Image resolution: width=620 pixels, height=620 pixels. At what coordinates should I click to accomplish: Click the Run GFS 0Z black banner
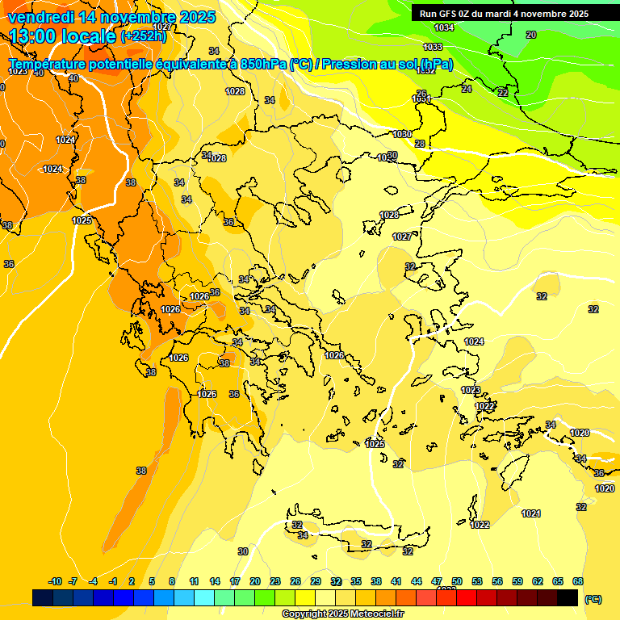pos(504,14)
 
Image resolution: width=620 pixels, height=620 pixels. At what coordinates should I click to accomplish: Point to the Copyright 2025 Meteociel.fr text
pos(342,614)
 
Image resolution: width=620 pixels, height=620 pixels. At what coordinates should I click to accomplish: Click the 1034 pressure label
pos(444,27)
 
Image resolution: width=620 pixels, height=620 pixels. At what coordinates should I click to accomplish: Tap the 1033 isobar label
pos(433,47)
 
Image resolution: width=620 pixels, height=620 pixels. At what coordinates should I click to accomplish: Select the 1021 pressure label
pos(530,513)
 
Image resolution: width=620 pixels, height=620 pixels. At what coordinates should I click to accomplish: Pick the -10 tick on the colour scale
pos(55,581)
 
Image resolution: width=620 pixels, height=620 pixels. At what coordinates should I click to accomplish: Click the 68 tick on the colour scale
pos(578,581)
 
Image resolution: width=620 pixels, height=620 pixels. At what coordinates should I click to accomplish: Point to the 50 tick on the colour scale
pos(457,581)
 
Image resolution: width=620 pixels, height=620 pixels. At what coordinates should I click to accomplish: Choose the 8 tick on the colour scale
pos(172,581)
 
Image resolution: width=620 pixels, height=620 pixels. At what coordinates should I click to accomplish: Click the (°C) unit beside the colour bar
pos(593,599)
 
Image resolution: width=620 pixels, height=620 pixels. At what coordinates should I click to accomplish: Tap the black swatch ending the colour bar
pos(568,597)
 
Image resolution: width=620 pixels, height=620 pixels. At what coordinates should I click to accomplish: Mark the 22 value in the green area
pos(503,93)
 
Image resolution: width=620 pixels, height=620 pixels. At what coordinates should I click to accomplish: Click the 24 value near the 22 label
pos(467,89)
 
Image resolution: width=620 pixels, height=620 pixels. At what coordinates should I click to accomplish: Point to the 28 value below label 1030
pos(420,144)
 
